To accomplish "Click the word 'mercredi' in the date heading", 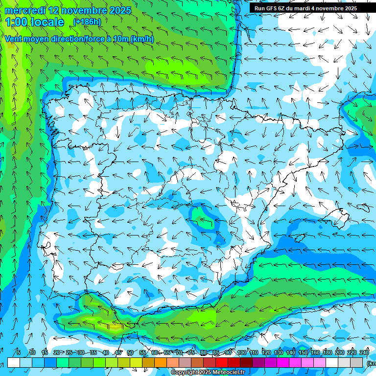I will pyautogui.click(x=24, y=10).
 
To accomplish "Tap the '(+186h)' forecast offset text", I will pyautogui.click(x=87, y=22).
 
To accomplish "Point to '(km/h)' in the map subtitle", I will pyautogui.click(x=142, y=39).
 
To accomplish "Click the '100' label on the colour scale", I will pyautogui.click(x=241, y=353).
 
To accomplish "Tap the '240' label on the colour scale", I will pyautogui.click(x=364, y=353).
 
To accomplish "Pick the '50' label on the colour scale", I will pyautogui.click(x=130, y=353).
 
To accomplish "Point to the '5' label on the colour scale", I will pyautogui.click(x=19, y=353).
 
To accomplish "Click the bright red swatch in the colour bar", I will pyautogui.click(x=222, y=362).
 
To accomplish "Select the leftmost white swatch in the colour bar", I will pyautogui.click(x=14, y=362).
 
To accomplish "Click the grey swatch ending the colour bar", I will pyautogui.click(x=356, y=362).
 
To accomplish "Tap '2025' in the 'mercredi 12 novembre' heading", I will pyautogui.click(x=117, y=10).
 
